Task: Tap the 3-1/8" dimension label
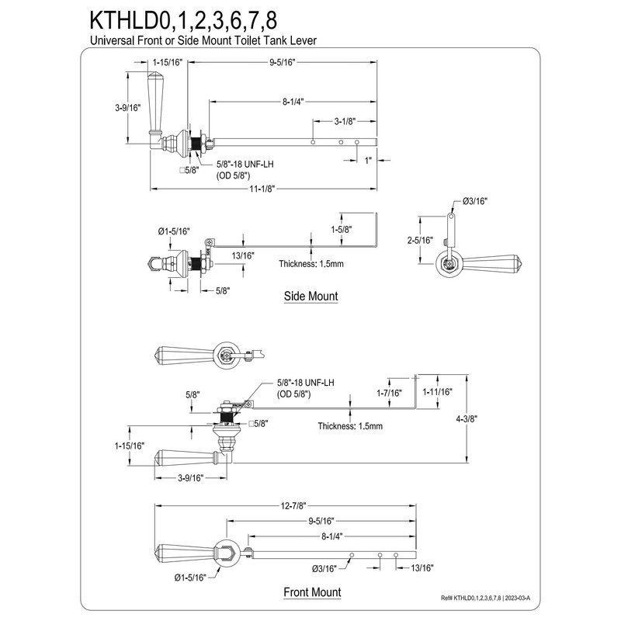point(345,121)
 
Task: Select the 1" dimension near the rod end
point(368,160)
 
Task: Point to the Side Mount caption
point(310,296)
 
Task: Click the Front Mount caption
point(311,592)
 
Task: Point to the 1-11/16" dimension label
point(437,392)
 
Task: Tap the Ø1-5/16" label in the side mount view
point(173,231)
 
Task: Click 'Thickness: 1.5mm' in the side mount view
point(311,264)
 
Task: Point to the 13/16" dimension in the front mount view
point(422,567)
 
